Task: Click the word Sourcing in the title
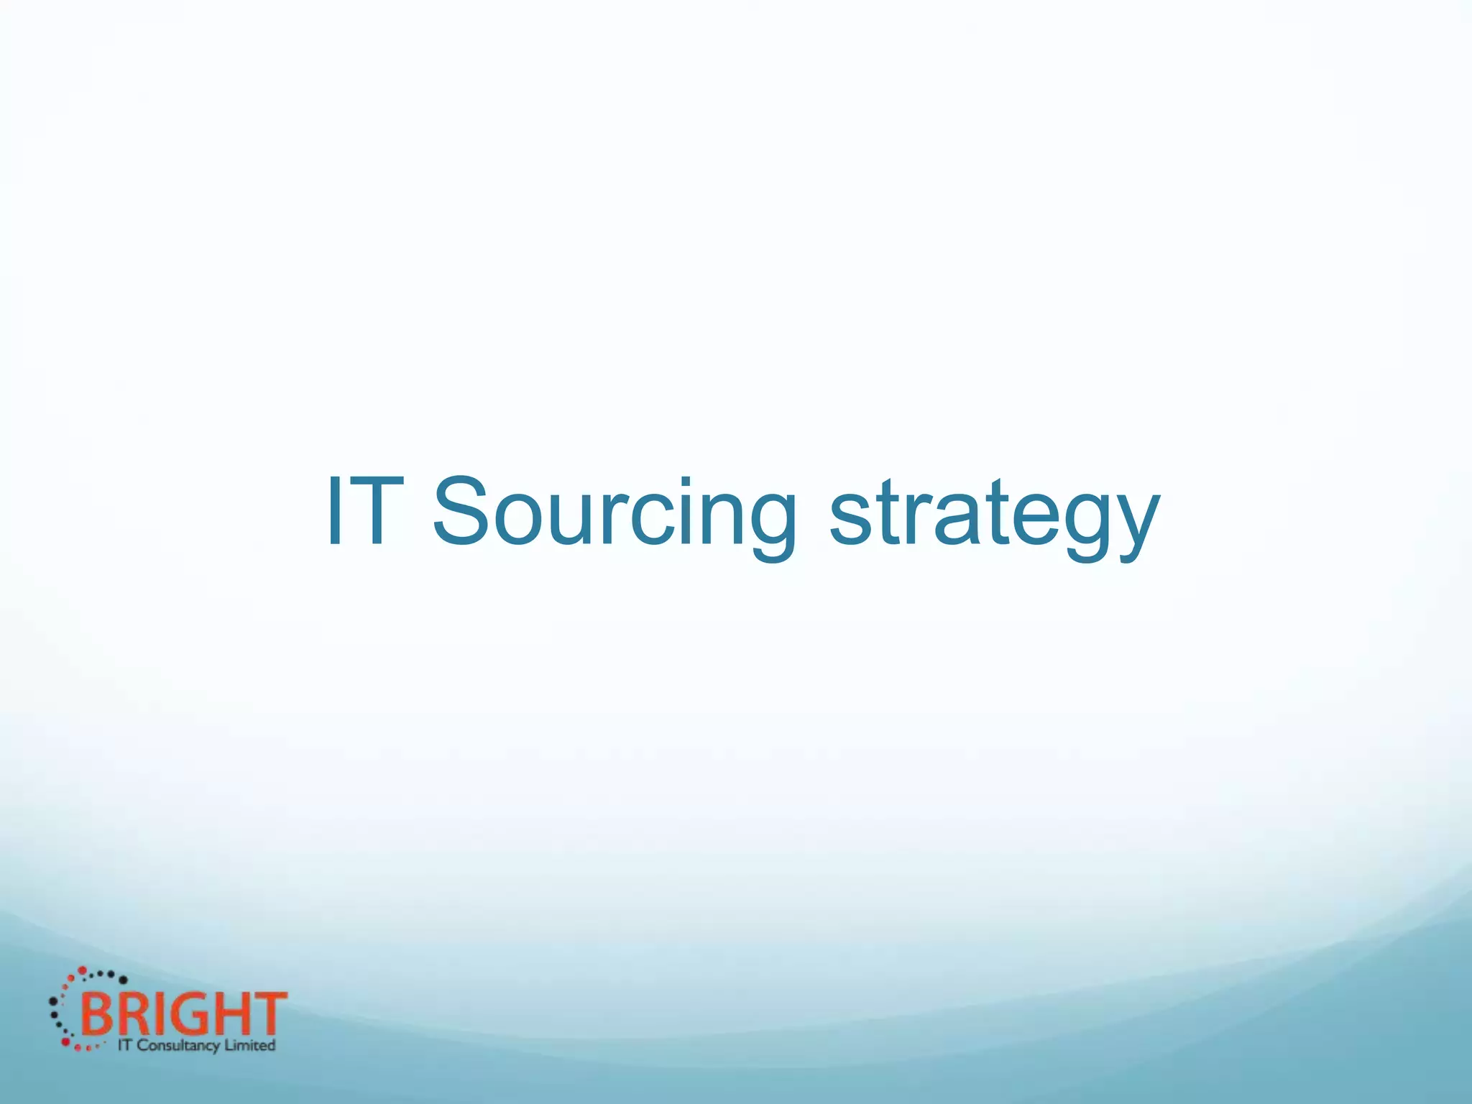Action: coord(615,512)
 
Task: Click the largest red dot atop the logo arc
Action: coord(83,971)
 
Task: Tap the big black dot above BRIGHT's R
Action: coord(123,980)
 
